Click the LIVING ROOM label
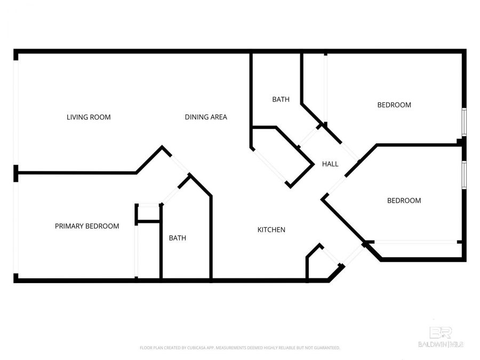tap(89, 117)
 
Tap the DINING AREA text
tap(206, 117)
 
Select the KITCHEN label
tap(271, 230)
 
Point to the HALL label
tap(330, 164)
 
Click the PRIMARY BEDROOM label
tap(87, 226)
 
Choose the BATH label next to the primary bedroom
tap(178, 238)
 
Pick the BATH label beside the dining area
tap(281, 99)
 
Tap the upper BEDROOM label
tap(394, 105)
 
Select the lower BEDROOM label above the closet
tap(404, 201)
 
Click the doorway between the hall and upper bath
tap(308, 137)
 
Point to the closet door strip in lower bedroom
tap(414, 242)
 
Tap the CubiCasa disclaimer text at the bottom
tap(240, 348)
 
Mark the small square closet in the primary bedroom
tap(148, 213)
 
